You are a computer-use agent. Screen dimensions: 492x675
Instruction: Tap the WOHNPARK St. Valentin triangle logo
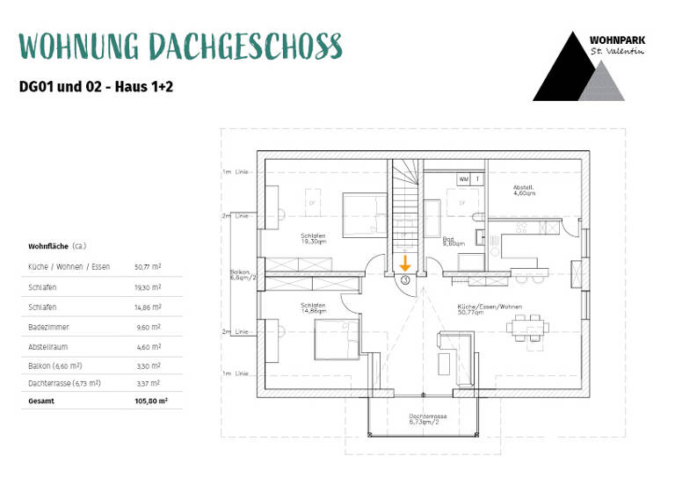578,67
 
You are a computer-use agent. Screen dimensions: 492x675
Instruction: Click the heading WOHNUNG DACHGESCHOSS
180,46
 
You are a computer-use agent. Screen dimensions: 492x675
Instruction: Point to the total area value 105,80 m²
150,400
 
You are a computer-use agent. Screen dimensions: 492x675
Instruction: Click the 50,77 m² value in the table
147,266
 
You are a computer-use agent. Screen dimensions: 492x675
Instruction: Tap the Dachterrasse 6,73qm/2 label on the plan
428,419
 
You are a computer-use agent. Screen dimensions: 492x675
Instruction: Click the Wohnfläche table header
57,247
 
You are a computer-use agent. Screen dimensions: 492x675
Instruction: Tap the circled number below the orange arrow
405,279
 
